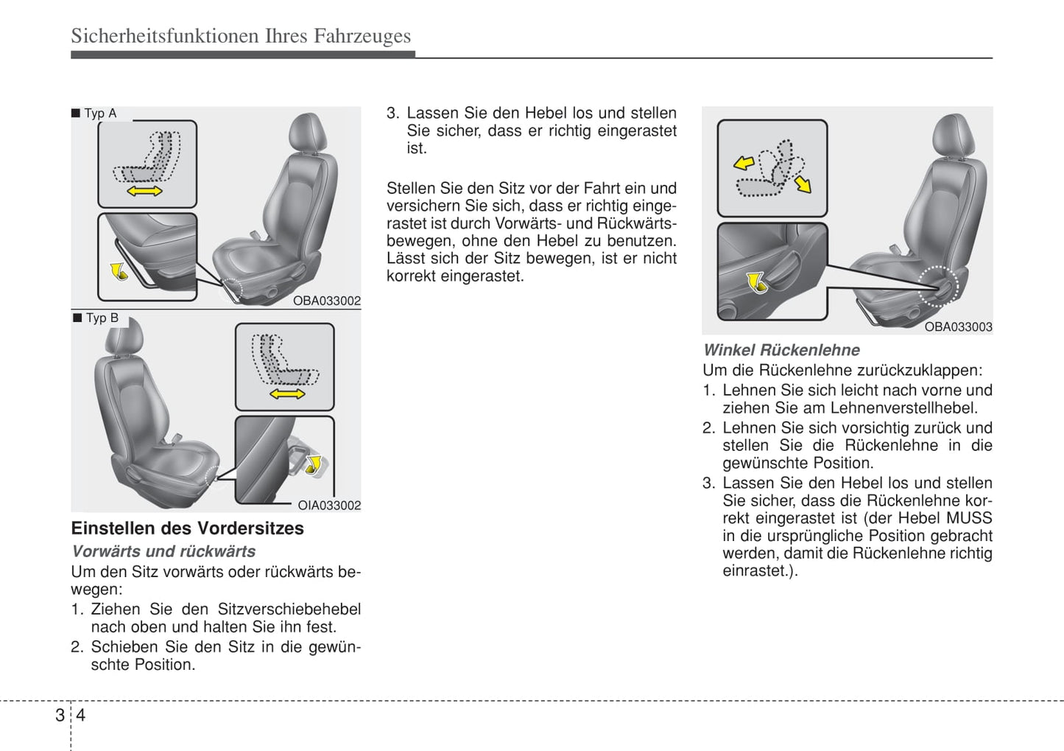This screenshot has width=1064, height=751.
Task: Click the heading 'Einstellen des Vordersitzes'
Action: (x=187, y=528)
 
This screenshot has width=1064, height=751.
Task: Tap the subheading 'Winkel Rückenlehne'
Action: (x=781, y=351)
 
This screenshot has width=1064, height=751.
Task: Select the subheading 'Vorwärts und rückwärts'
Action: (x=163, y=551)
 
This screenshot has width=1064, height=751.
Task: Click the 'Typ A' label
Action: (x=100, y=113)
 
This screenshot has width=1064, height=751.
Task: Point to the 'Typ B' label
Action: (x=102, y=318)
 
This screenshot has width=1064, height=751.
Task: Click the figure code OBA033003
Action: (x=958, y=326)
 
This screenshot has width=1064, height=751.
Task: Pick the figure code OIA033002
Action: (x=329, y=505)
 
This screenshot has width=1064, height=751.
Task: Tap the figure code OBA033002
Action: (x=327, y=301)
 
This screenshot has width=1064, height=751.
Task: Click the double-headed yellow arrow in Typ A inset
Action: (x=145, y=192)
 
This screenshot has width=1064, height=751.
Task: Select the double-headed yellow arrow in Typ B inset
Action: (x=287, y=394)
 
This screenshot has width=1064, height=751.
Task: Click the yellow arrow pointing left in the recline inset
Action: (x=744, y=162)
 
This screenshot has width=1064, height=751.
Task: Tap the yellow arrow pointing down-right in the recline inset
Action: (x=803, y=183)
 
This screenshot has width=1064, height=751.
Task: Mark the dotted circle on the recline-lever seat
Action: (x=939, y=285)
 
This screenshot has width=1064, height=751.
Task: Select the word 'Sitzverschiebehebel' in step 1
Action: (x=289, y=609)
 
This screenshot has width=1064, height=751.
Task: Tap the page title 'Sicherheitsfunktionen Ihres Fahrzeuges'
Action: (x=241, y=36)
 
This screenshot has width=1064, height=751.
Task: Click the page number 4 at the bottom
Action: (x=81, y=715)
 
